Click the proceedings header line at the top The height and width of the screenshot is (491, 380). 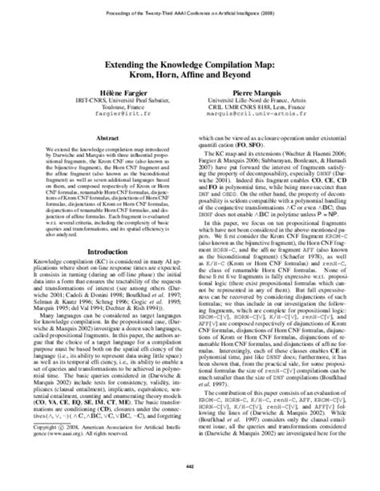(189, 14)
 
